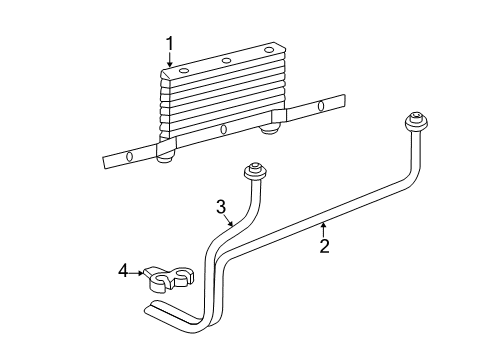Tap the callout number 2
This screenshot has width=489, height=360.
324,246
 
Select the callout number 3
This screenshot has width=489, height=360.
221,208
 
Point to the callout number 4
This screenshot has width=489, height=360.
124,269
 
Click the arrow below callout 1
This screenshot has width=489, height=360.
171,63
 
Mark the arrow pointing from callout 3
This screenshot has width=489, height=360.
232,222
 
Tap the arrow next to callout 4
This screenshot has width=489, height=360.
139,270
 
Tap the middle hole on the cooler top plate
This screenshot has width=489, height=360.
226,60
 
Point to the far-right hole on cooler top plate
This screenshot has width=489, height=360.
268,48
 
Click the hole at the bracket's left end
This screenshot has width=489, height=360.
129,157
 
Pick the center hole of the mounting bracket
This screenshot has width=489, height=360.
223,129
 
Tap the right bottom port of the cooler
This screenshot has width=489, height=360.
268,126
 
